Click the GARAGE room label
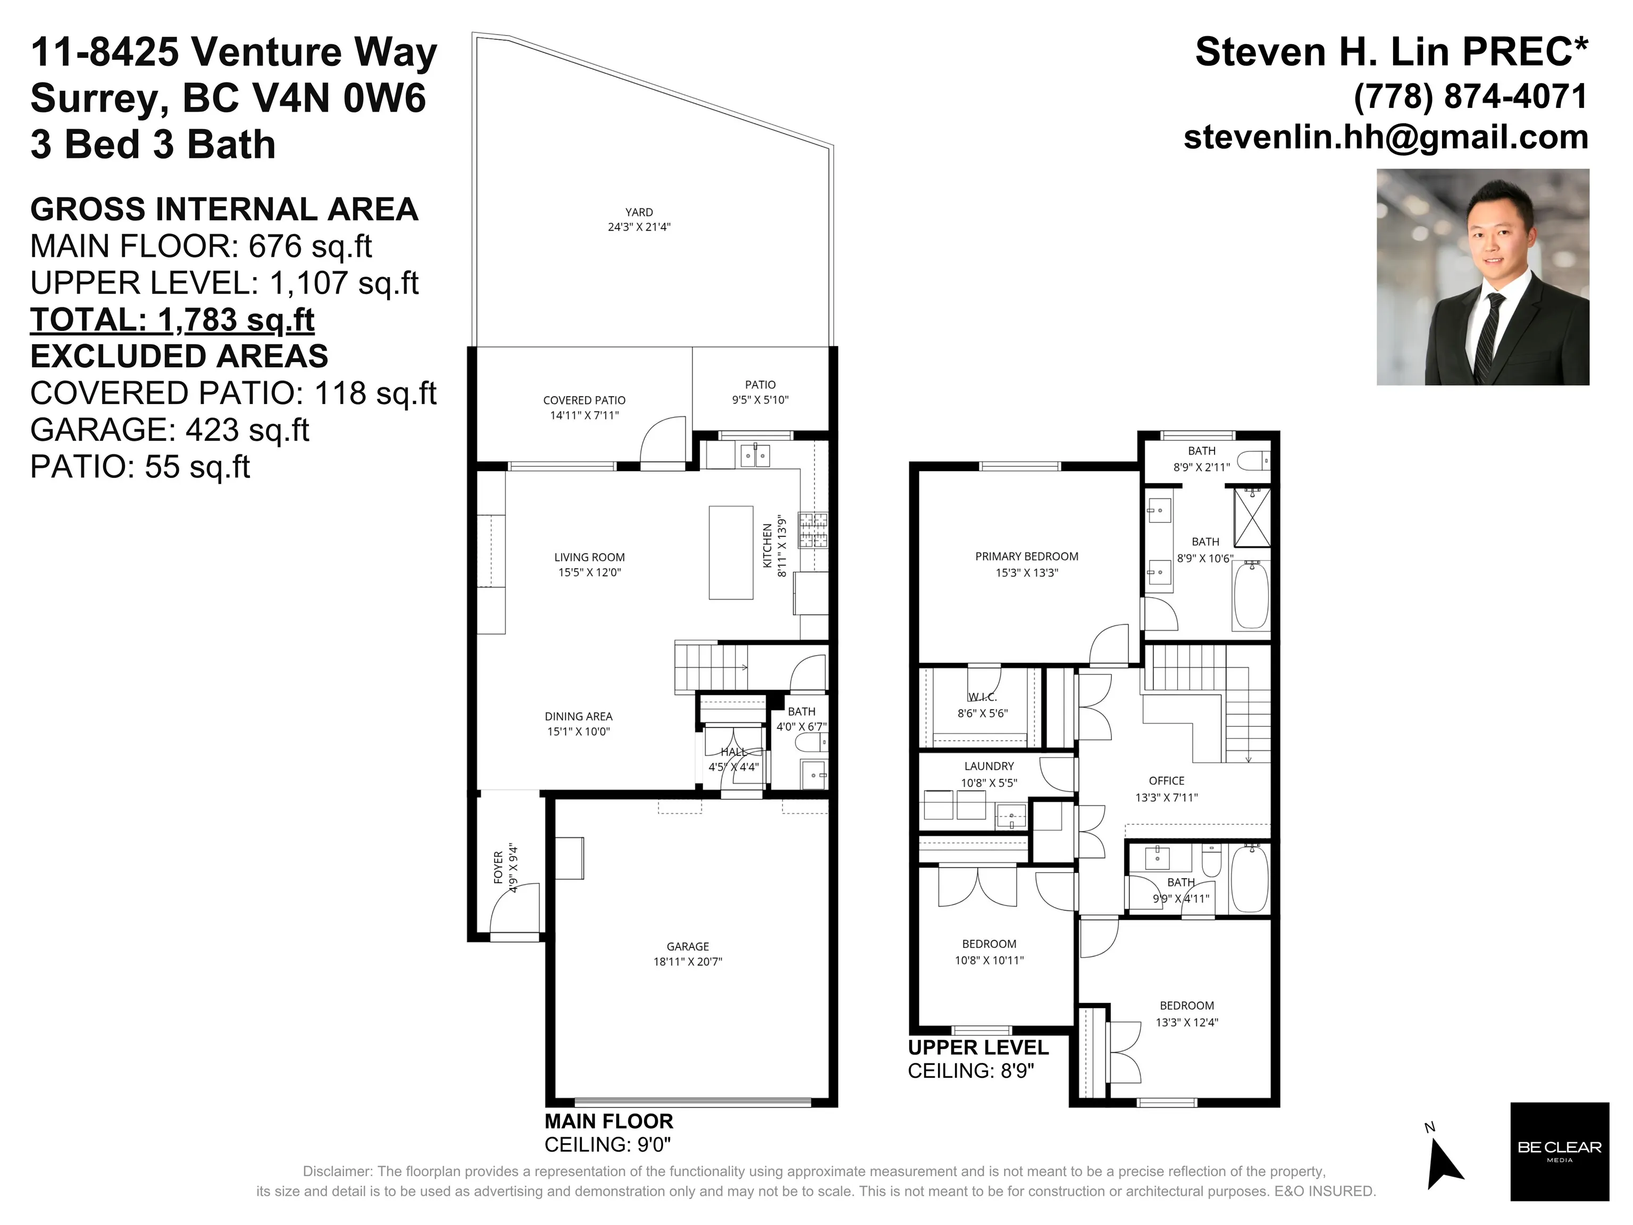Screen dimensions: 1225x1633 688,946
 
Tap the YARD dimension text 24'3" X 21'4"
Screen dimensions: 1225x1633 639,227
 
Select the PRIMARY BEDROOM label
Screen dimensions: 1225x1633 1026,557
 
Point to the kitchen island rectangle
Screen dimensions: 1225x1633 731,552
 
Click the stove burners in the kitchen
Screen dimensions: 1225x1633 814,530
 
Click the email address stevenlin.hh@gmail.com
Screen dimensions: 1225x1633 1386,137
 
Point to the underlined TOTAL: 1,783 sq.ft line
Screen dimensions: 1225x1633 172,320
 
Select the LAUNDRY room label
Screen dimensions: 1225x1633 989,766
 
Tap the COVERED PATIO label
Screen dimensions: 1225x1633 584,400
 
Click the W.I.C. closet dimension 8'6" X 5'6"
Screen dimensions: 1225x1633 982,713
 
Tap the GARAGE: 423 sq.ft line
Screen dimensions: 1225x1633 169,430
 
